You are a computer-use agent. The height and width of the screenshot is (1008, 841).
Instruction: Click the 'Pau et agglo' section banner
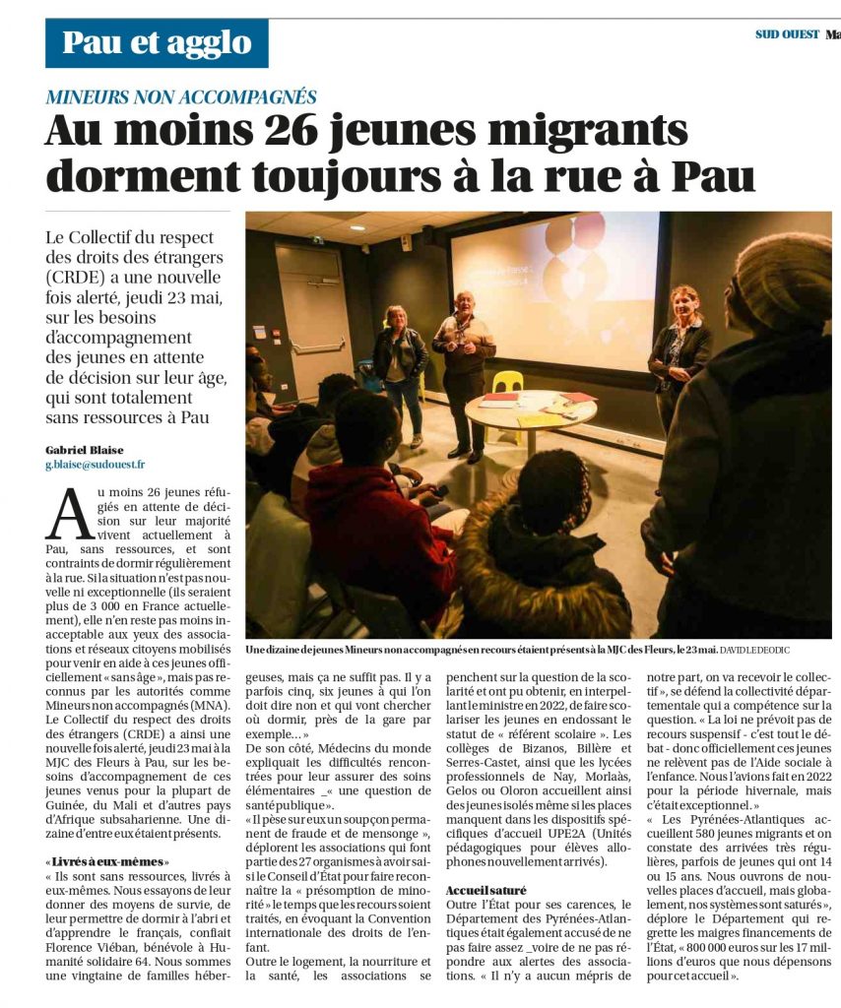pyautogui.click(x=157, y=43)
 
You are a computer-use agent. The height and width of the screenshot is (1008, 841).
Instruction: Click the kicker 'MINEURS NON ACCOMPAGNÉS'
pyautogui.click(x=181, y=96)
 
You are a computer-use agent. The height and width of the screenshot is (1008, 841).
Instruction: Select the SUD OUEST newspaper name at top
pyautogui.click(x=787, y=34)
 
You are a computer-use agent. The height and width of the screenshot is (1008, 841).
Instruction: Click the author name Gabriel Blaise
pyautogui.click(x=85, y=450)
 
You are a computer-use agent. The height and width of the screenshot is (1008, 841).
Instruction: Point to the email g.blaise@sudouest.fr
pyautogui.click(x=95, y=465)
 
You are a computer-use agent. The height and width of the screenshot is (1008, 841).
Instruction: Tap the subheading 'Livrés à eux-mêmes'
pyautogui.click(x=107, y=862)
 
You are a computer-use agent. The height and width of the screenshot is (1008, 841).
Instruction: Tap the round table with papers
pyautogui.click(x=530, y=409)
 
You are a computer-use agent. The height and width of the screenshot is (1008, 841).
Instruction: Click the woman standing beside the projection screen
pyautogui.click(x=679, y=354)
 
